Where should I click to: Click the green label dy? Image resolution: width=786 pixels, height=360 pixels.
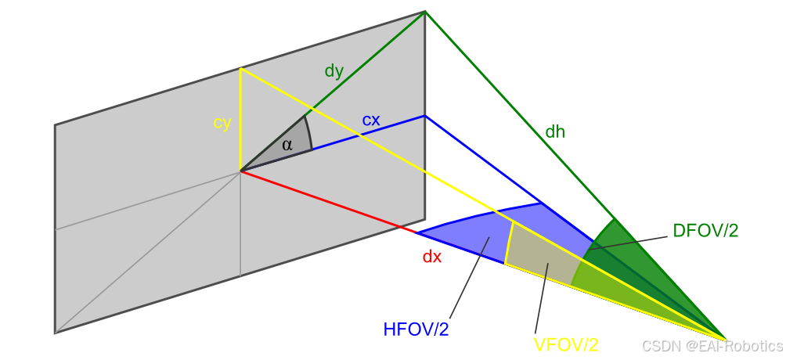click(x=334, y=71)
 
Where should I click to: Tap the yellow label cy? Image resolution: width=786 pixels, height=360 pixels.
click(x=222, y=123)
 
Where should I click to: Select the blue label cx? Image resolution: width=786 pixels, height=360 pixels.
click(x=371, y=121)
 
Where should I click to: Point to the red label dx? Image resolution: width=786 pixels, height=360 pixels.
click(x=432, y=256)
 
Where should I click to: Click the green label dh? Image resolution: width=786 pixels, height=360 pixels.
click(x=555, y=131)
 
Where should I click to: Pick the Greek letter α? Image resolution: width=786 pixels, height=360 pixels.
click(x=287, y=144)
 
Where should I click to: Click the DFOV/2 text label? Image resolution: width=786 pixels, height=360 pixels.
click(x=705, y=231)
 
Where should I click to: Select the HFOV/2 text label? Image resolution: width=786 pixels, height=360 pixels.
click(x=416, y=329)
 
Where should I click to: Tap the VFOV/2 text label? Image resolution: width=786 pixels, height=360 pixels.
click(x=566, y=344)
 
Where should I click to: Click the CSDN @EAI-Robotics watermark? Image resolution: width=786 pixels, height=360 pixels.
click(x=712, y=345)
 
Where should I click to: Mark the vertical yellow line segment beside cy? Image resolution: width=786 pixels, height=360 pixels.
click(x=240, y=117)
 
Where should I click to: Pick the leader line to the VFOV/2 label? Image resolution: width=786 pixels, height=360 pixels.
click(x=542, y=297)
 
